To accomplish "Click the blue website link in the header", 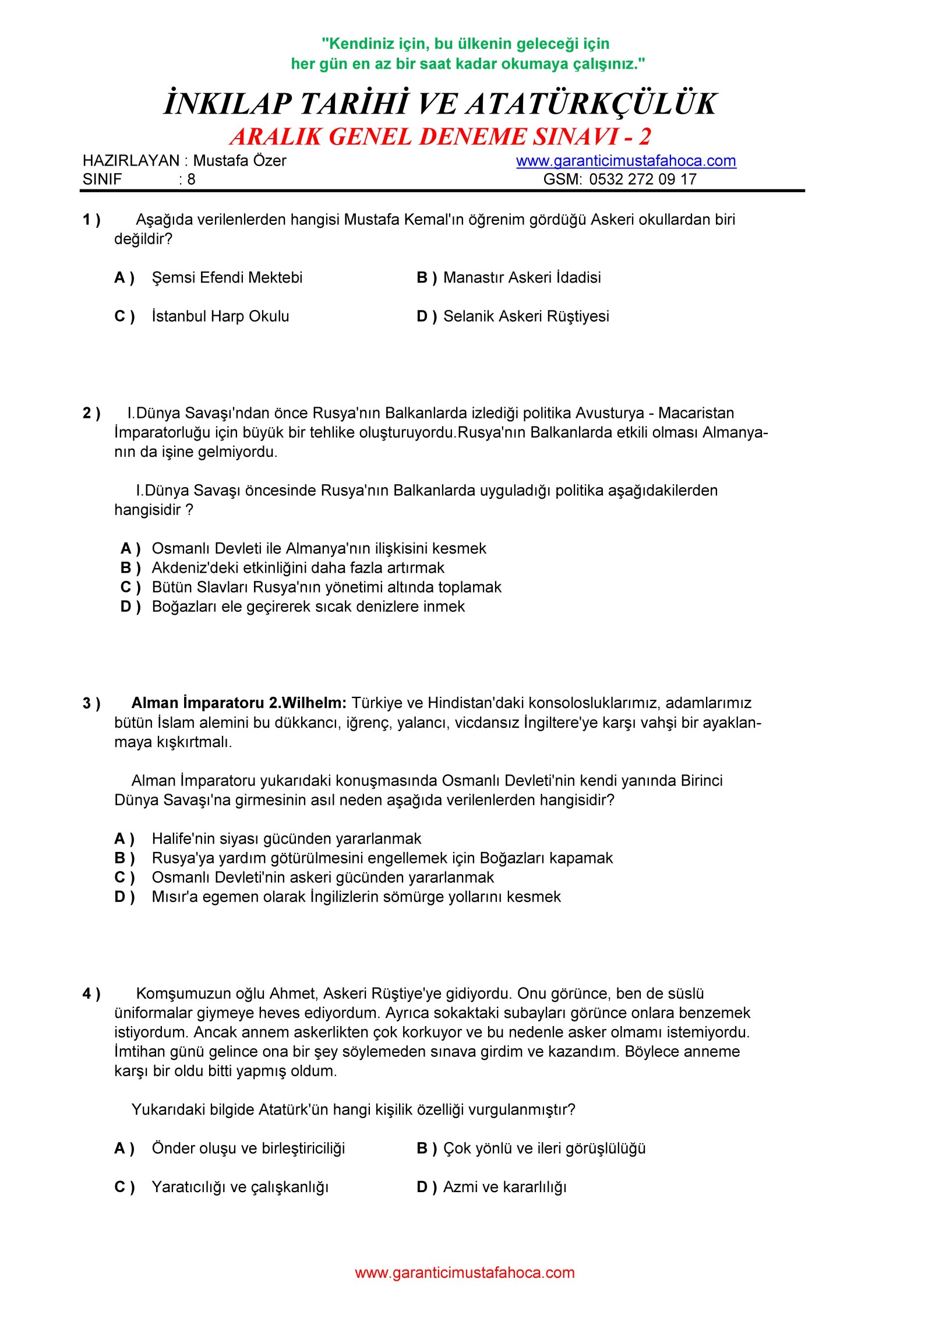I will click(x=626, y=161).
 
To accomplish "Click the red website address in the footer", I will click(x=464, y=1273).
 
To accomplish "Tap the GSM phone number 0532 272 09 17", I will click(x=642, y=179).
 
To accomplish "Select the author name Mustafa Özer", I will click(x=239, y=161).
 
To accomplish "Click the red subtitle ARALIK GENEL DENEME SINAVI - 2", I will click(x=440, y=137).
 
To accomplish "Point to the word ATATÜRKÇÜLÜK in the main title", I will click(x=590, y=104).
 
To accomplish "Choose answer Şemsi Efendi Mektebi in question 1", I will click(x=227, y=277).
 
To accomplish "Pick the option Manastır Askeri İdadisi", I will click(x=521, y=277).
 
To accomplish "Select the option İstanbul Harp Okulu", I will click(x=220, y=316).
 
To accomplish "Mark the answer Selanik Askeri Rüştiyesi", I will click(x=525, y=316).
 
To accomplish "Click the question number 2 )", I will click(x=91, y=413).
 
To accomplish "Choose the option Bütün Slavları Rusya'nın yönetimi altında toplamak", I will click(x=326, y=587).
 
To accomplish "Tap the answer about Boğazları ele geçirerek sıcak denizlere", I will click(x=308, y=607).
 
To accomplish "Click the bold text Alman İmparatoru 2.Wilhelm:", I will click(x=239, y=703).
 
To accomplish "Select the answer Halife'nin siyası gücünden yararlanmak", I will click(x=286, y=838).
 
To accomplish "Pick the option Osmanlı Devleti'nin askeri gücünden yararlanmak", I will click(x=322, y=878).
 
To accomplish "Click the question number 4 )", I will click(x=91, y=994).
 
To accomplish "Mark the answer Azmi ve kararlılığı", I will click(x=504, y=1187).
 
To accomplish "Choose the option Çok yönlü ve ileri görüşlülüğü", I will click(x=544, y=1148).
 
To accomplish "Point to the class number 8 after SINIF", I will click(x=191, y=179).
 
